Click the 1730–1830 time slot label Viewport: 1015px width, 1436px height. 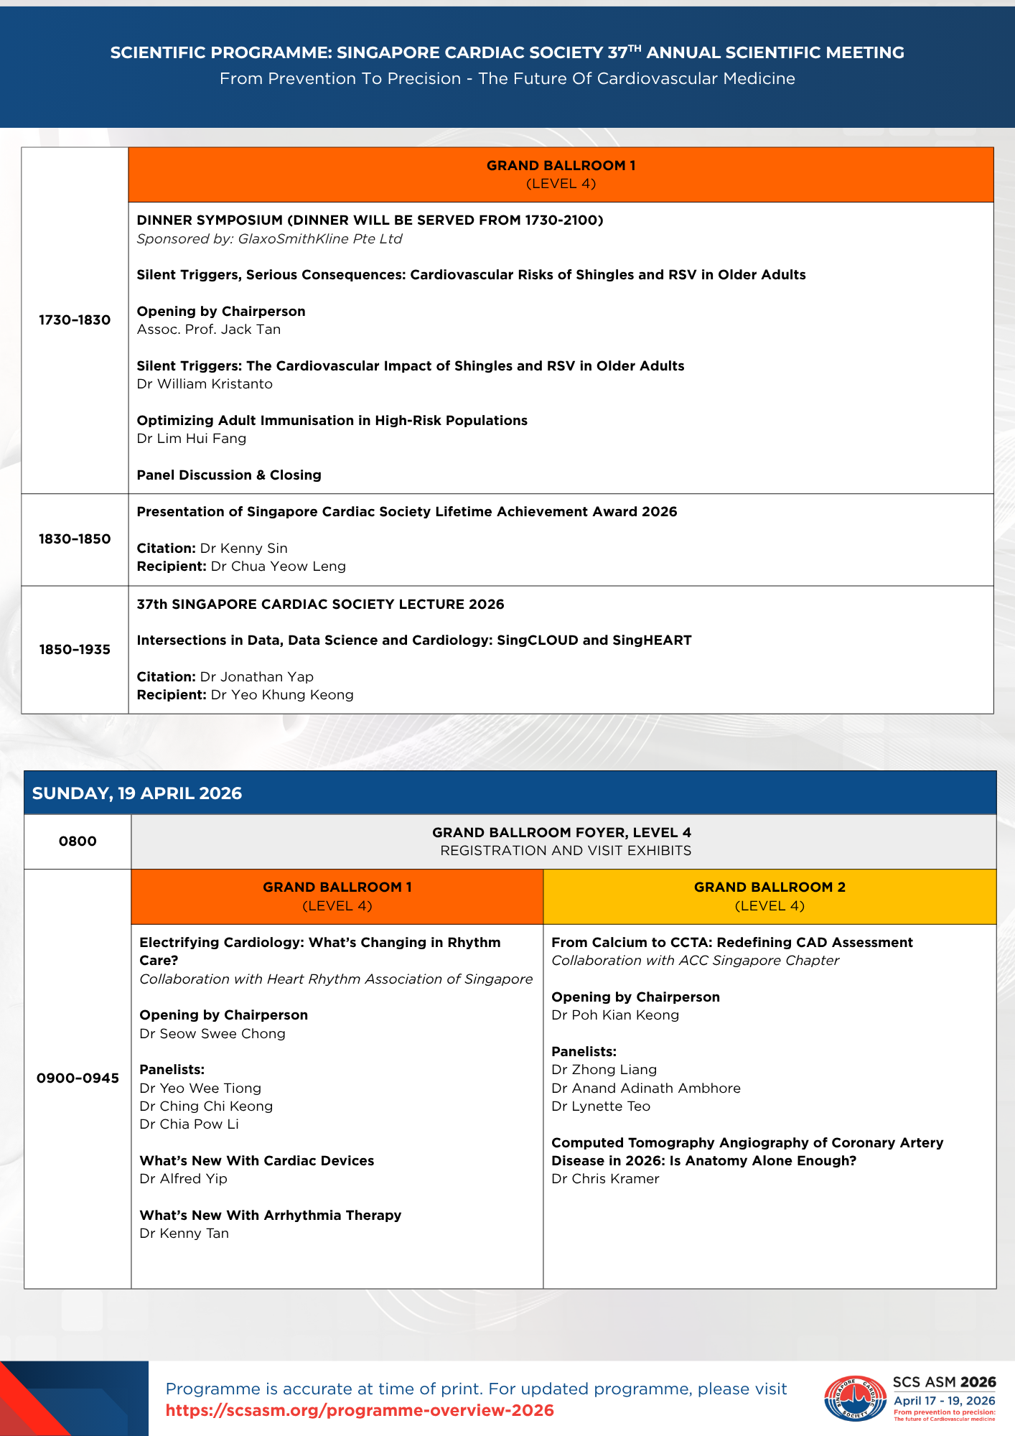pos(75,320)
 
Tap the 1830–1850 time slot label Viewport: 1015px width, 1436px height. pos(75,539)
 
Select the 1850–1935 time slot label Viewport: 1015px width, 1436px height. pos(75,650)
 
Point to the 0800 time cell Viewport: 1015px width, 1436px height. pos(78,841)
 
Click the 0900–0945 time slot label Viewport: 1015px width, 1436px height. pos(78,1078)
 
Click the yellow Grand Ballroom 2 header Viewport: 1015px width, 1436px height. pos(770,896)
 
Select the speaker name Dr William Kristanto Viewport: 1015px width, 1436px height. pos(205,384)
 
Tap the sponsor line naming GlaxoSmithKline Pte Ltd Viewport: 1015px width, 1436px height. pos(269,239)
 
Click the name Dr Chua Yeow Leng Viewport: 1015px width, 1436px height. pos(278,567)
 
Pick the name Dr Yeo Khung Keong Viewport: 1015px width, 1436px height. pos(281,695)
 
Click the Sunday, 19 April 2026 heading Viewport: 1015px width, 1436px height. pos(137,793)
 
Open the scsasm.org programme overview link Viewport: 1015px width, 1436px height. pos(360,1410)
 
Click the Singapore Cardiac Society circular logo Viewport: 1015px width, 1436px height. pos(855,1399)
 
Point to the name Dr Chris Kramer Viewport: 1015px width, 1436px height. pos(605,1179)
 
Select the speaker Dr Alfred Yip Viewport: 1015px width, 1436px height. pos(183,1179)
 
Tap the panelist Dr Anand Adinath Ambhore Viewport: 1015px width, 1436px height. pos(646,1088)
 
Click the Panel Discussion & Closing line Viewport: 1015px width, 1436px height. pos(229,475)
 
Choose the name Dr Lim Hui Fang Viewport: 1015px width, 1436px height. pos(192,439)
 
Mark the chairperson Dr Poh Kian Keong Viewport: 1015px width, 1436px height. pos(615,1015)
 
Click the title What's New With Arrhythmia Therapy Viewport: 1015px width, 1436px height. pos(270,1216)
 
